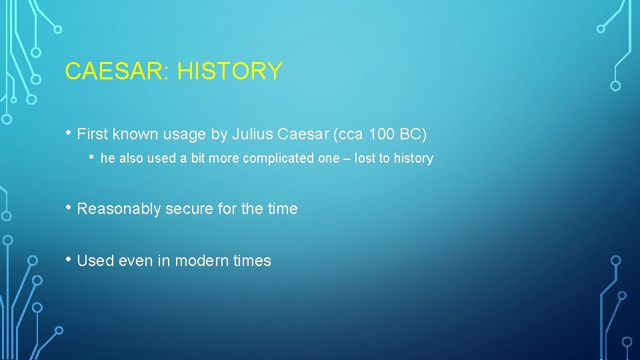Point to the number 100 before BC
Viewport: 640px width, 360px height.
(x=381, y=135)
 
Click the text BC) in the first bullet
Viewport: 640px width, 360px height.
(x=413, y=135)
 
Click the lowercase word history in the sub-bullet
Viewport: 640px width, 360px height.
(x=413, y=159)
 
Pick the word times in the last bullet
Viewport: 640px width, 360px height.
(x=253, y=261)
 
